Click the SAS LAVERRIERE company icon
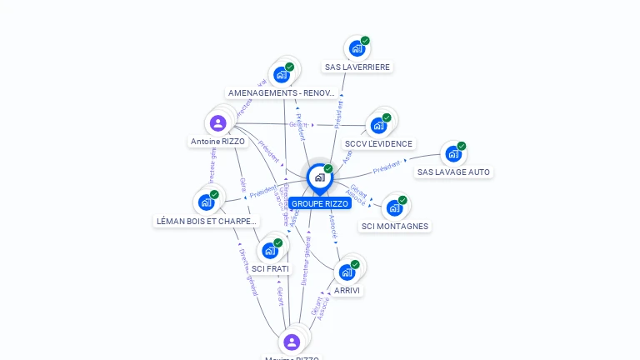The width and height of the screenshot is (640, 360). click(357, 48)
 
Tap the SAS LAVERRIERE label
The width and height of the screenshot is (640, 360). click(357, 67)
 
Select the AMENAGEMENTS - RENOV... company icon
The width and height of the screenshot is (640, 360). click(282, 74)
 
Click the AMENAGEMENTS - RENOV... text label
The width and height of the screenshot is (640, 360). click(282, 93)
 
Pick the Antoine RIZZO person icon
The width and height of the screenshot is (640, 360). click(218, 123)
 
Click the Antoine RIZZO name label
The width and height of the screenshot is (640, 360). click(217, 142)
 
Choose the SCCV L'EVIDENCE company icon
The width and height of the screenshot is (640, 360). click(379, 125)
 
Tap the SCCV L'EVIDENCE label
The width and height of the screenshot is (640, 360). click(378, 144)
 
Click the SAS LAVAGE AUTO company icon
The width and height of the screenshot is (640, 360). click(453, 153)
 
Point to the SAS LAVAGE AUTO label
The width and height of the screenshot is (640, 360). click(454, 172)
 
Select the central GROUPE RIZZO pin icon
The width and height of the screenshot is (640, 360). click(319, 177)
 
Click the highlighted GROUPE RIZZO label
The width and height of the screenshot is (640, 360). click(320, 203)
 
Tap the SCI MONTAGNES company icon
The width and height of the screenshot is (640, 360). click(394, 207)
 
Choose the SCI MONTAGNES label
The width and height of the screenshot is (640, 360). click(395, 227)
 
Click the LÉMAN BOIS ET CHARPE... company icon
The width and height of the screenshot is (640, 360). click(206, 202)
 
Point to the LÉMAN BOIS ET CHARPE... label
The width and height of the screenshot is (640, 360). click(207, 222)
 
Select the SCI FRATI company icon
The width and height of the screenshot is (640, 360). click(270, 250)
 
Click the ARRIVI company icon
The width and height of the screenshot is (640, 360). click(347, 272)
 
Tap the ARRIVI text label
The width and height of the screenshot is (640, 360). click(347, 291)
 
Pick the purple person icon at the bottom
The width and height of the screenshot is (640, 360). click(291, 342)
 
